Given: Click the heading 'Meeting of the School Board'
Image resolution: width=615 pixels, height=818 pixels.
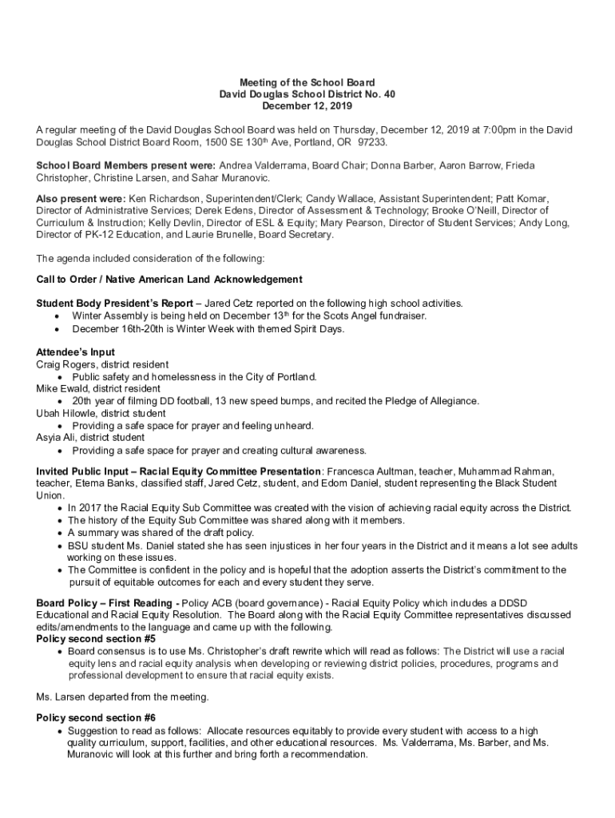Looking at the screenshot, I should coord(307,82).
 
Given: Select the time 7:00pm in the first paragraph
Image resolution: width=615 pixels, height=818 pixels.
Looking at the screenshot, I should coord(477,130).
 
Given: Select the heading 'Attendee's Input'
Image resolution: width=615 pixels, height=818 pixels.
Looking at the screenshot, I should coord(76,351).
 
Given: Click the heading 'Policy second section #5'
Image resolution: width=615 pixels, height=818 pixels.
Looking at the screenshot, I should coord(96,639).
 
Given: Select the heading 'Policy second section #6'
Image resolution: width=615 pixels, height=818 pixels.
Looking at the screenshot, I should coord(96,717).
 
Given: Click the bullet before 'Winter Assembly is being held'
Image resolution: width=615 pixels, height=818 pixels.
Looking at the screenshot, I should coord(56,316).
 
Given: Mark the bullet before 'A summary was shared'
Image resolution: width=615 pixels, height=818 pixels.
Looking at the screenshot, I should coord(61,533).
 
